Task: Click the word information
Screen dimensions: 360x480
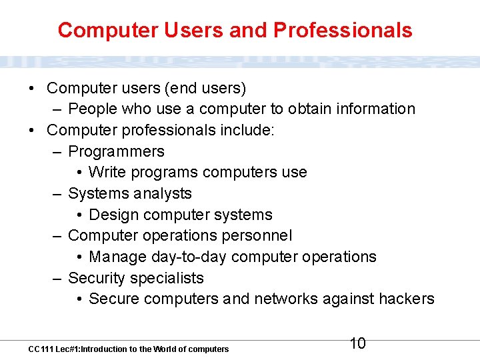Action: (x=377, y=109)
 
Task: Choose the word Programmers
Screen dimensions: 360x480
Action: (x=116, y=151)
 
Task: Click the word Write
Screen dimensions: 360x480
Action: (x=107, y=172)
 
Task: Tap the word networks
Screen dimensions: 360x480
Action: (x=286, y=299)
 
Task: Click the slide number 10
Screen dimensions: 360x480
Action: (x=358, y=343)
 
